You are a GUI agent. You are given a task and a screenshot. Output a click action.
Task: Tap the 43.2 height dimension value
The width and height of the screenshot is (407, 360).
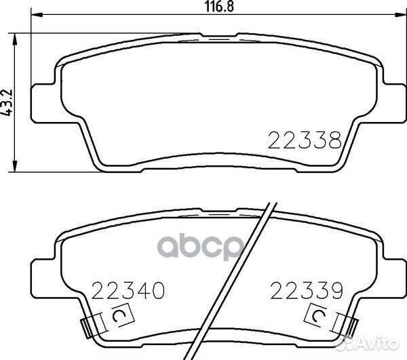[x=9, y=103]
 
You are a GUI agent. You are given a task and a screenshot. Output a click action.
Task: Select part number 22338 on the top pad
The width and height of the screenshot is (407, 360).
[x=304, y=141]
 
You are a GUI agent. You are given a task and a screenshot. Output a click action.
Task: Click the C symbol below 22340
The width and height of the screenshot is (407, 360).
[x=120, y=316]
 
